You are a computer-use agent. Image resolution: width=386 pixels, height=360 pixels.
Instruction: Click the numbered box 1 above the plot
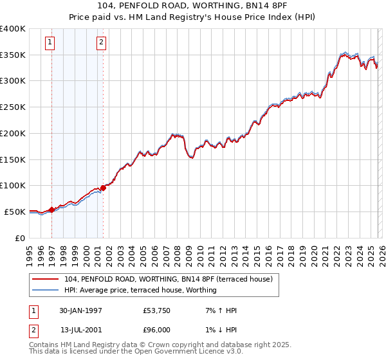point(50,43)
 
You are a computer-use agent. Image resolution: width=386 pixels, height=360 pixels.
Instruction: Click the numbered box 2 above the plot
point(102,43)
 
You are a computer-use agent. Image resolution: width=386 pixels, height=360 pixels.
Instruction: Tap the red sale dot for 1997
point(51,210)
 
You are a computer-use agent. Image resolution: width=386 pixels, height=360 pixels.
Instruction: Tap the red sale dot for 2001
point(103,188)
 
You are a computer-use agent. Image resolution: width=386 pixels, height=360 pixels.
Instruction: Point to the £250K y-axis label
point(13,107)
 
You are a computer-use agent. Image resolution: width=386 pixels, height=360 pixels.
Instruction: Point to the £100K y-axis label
point(13,186)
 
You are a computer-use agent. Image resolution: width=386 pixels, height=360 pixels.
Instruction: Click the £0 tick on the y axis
point(21,238)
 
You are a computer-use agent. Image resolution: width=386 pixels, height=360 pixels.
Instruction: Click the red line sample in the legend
point(46,279)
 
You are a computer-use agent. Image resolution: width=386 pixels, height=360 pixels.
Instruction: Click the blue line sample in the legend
point(46,290)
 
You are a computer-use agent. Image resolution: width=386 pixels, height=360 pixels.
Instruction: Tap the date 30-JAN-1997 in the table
point(81,310)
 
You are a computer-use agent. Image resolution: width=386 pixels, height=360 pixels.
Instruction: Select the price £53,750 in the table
point(157,310)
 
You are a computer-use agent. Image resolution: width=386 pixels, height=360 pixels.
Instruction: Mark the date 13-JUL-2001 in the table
point(81,330)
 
